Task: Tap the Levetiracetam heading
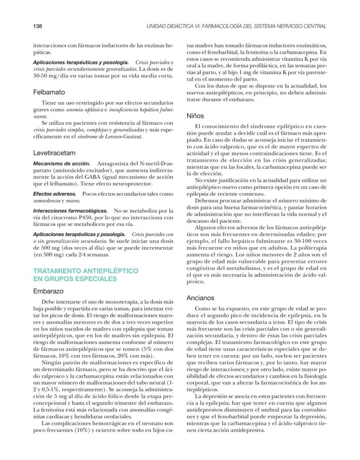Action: pos(54,153)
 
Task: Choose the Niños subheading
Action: pos(195,116)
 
